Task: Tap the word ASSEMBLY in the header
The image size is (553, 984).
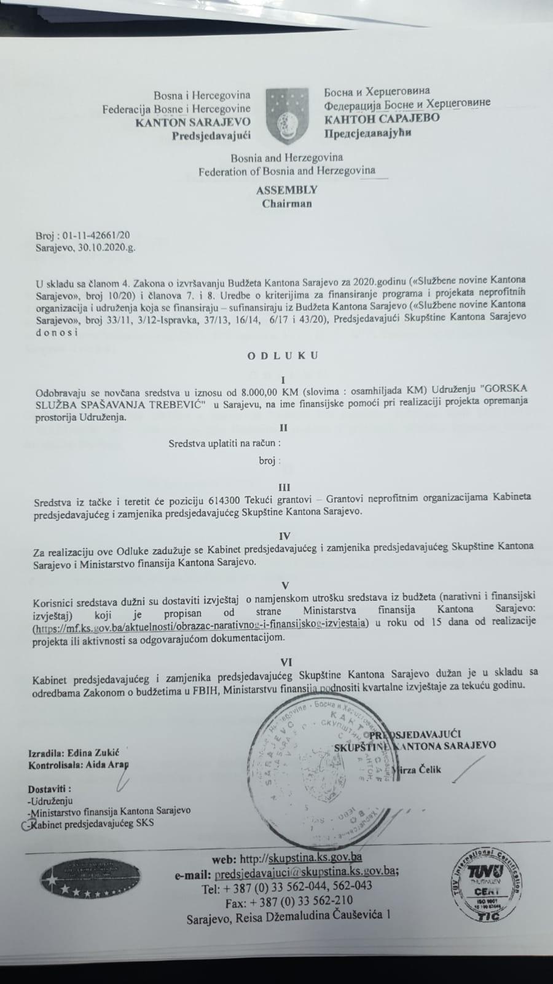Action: coord(287,190)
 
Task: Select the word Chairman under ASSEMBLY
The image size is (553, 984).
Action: coord(287,204)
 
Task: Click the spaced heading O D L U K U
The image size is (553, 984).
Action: coord(283,355)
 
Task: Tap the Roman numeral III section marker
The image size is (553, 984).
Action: coord(284,486)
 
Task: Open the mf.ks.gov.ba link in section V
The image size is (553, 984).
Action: coord(200,624)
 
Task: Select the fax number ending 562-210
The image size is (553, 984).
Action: coord(323,903)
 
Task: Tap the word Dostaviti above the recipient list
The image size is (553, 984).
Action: coord(49,789)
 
